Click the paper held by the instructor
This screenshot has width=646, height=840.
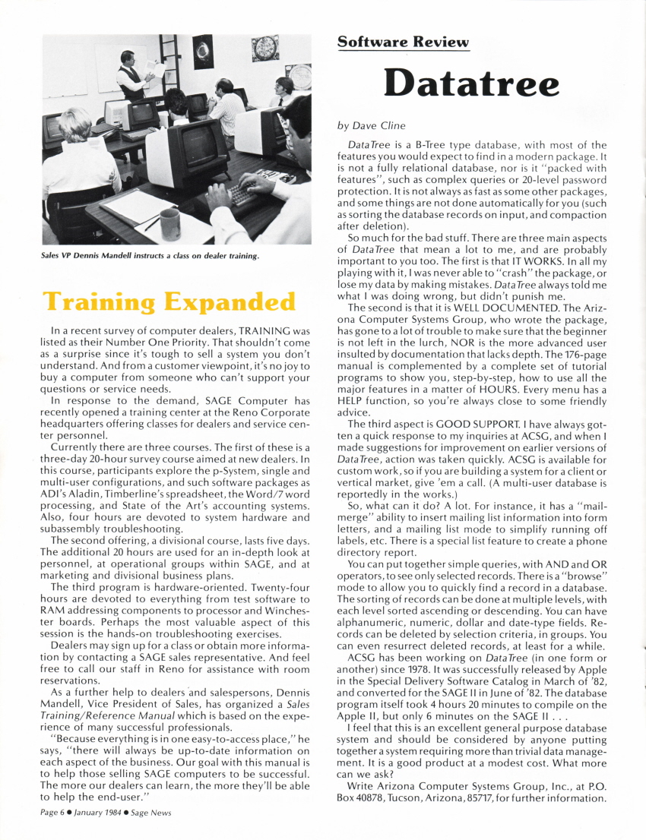point(156,72)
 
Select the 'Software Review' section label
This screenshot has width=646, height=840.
point(403,42)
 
